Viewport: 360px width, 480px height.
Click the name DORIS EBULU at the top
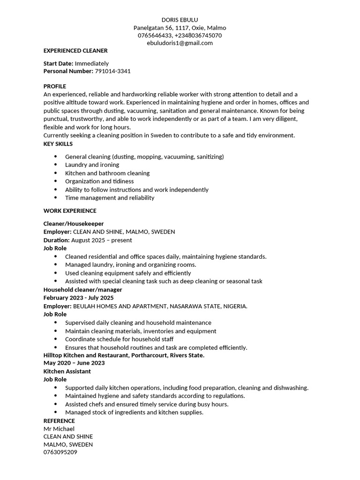pos(180,20)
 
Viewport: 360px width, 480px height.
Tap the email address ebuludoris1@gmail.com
pos(180,43)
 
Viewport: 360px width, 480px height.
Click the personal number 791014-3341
pos(112,71)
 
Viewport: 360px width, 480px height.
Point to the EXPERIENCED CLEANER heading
pos(75,51)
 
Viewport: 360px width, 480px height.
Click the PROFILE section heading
pos(55,86)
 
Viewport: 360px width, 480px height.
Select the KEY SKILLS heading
pos(58,144)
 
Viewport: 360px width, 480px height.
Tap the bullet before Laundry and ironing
pos(56,165)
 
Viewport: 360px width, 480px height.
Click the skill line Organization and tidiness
pos(99,181)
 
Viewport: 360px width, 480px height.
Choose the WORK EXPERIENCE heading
pos(70,211)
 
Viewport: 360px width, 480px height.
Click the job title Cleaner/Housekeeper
pos(74,224)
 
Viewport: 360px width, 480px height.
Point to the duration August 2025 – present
pos(102,240)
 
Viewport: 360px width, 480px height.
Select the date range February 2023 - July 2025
pos(79,298)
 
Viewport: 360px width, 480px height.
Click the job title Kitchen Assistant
pos(67,371)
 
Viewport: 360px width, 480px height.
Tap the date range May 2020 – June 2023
pos(74,363)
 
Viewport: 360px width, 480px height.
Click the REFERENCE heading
pos(59,421)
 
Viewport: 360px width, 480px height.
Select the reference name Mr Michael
pos(59,429)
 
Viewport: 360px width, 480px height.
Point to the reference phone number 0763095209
pos(60,453)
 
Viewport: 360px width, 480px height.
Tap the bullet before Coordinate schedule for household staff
pos(56,339)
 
